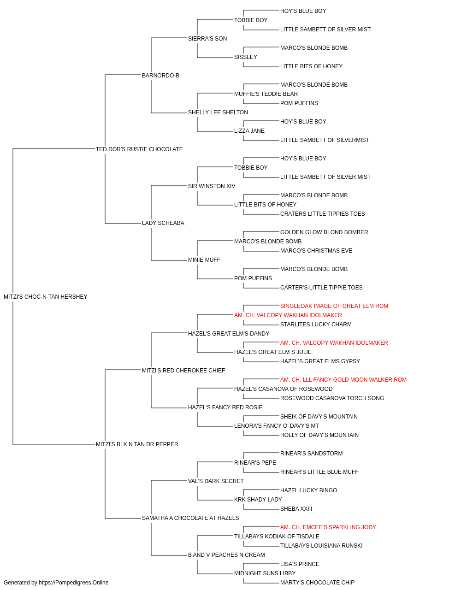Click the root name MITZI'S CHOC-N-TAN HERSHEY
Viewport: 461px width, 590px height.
point(45,297)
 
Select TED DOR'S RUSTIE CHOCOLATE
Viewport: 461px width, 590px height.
point(139,149)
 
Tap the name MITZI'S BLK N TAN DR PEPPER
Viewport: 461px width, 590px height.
point(137,444)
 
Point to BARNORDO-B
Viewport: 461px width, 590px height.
point(160,76)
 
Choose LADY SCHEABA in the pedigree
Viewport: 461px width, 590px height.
point(163,223)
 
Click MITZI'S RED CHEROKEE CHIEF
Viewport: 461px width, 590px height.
point(183,370)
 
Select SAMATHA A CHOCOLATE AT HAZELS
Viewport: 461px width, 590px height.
point(190,518)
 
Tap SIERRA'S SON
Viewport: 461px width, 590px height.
point(207,39)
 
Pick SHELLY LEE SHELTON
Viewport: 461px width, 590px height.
point(218,112)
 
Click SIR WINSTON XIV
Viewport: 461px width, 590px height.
point(212,186)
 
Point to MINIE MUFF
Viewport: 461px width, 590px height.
point(204,260)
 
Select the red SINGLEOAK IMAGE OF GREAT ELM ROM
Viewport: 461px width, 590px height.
point(334,306)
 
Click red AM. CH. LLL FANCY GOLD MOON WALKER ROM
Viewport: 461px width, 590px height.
point(343,379)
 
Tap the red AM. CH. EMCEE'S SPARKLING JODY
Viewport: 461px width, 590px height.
point(328,527)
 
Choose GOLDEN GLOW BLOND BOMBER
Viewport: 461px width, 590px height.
point(324,232)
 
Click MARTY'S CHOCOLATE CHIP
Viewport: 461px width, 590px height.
point(317,583)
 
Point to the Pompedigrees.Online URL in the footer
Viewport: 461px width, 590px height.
point(73,583)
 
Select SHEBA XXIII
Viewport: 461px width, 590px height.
point(296,509)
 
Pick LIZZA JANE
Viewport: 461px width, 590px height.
point(249,131)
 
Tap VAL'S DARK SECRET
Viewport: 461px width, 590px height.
point(216,481)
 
